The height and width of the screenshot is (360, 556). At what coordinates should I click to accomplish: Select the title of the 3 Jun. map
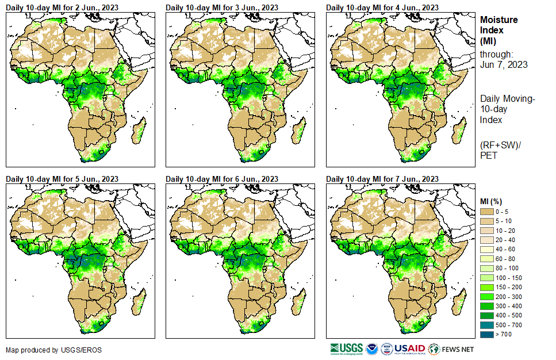222,7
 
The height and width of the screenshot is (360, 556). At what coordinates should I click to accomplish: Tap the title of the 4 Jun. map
382,7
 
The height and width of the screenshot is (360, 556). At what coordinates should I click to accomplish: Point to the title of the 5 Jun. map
62,179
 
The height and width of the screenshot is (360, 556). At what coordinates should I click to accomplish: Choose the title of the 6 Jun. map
222,179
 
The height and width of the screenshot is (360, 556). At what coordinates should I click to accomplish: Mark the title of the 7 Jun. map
382,179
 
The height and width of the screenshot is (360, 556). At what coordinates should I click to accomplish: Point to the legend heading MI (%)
493,201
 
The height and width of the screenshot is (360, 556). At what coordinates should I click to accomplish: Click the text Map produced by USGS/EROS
47,350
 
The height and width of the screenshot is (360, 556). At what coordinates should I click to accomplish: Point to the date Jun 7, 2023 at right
504,64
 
